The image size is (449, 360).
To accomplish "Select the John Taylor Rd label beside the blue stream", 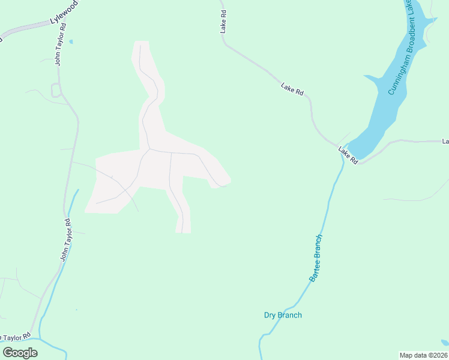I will click(x=65, y=240).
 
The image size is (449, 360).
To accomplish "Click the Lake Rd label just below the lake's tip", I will click(x=348, y=155).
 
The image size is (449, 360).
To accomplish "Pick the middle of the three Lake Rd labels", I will click(x=292, y=89).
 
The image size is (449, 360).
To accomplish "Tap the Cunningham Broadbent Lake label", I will click(x=400, y=48).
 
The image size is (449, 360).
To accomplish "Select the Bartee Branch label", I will click(x=316, y=258).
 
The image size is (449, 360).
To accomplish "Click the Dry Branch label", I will click(x=283, y=315).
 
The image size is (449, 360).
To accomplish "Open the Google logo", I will click(x=20, y=353).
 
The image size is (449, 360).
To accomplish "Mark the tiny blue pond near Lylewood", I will click(x=71, y=41).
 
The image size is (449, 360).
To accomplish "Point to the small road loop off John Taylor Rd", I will click(x=56, y=91).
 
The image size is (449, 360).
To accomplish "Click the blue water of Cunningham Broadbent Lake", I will click(x=384, y=108).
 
